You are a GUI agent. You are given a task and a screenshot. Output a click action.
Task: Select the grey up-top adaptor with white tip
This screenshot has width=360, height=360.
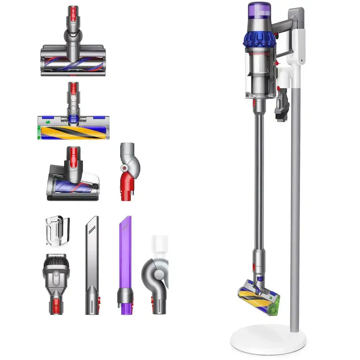[156, 272]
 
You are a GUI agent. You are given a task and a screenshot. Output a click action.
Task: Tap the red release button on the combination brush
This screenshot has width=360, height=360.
[56, 276]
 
